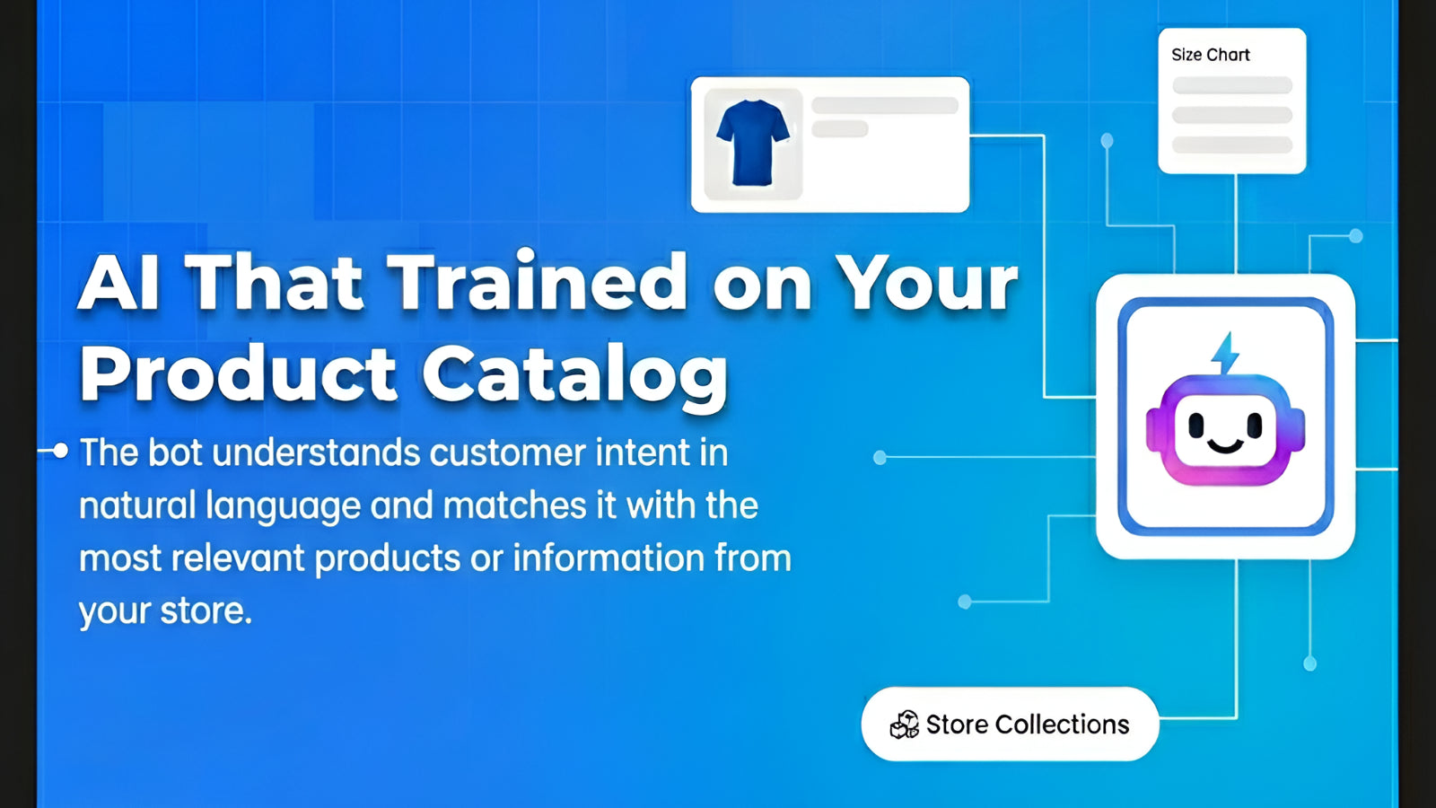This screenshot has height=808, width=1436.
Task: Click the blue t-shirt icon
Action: pyautogui.click(x=753, y=143)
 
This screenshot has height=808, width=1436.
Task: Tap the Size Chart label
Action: pyautogui.click(x=1211, y=55)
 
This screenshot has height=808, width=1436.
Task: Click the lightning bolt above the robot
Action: pyautogui.click(x=1225, y=354)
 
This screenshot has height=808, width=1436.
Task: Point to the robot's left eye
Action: pyautogui.click(x=1196, y=425)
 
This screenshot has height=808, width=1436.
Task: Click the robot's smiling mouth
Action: pyautogui.click(x=1225, y=445)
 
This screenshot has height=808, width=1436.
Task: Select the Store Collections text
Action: pyautogui.click(x=1028, y=725)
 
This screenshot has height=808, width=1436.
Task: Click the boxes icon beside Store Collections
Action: pyautogui.click(x=904, y=725)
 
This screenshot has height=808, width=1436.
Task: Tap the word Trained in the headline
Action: pyautogui.click(x=538, y=282)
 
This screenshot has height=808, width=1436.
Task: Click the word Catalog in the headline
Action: pyautogui.click(x=574, y=375)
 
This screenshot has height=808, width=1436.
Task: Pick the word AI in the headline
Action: pyautogui.click(x=118, y=283)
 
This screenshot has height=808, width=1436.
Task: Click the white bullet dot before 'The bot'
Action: pyautogui.click(x=60, y=451)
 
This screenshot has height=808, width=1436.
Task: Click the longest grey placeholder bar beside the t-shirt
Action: pyautogui.click(x=885, y=105)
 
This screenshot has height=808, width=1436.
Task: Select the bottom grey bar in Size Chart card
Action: pyautogui.click(x=1231, y=145)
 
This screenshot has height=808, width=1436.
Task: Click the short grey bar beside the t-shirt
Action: pyautogui.click(x=840, y=129)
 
